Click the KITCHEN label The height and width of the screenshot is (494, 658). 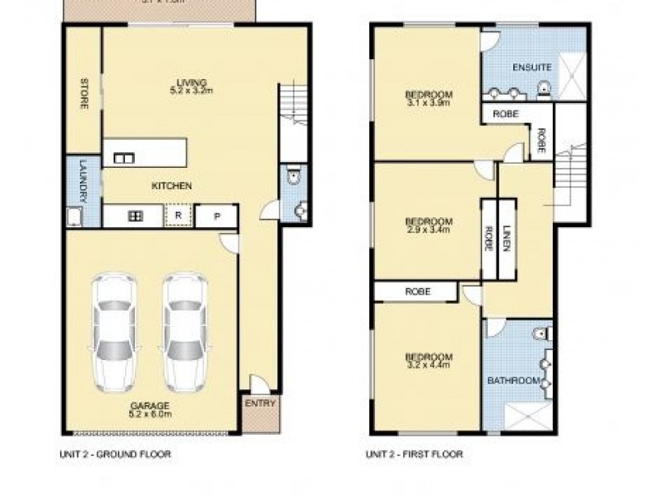point(171,186)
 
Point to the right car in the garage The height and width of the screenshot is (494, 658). point(183,332)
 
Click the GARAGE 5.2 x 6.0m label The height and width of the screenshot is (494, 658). point(149,410)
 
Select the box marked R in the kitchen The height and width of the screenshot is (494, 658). point(178,216)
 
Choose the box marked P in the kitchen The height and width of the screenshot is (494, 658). point(217,216)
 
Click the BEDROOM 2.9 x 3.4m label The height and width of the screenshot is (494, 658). point(429,225)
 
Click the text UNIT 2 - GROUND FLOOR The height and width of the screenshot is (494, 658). point(114,454)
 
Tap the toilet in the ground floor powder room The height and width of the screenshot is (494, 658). point(294,178)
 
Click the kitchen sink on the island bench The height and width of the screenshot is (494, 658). point(124,158)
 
